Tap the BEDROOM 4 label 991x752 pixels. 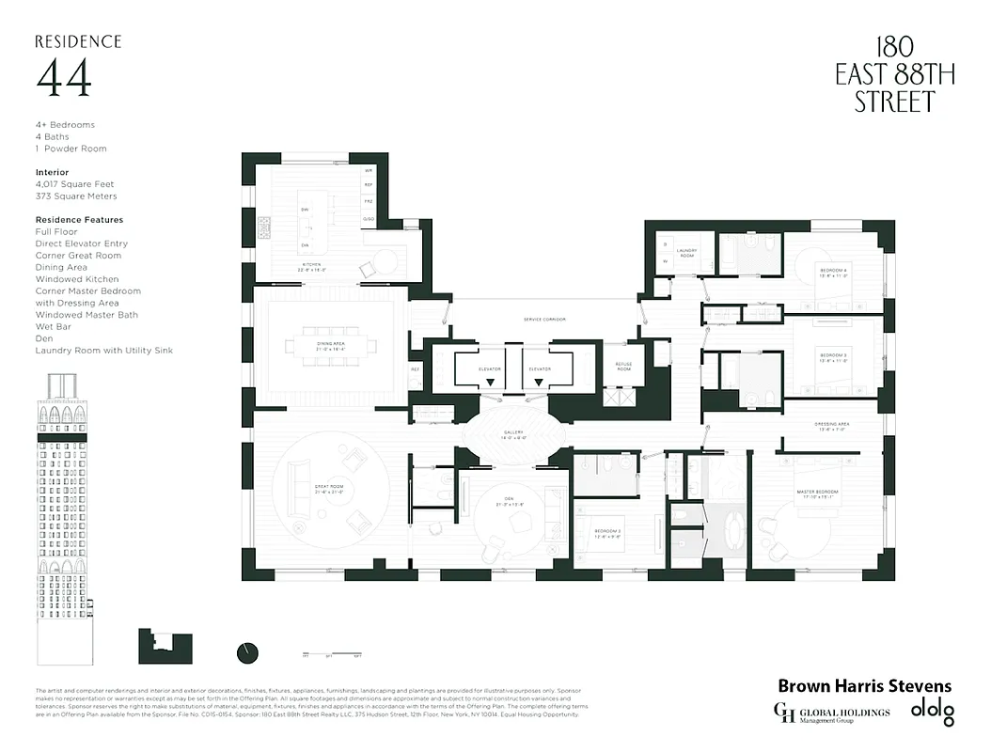(x=832, y=274)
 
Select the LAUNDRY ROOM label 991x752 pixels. (x=685, y=255)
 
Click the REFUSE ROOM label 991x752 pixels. (x=623, y=367)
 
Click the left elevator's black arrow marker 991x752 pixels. (x=489, y=383)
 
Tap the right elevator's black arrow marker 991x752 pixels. (x=539, y=383)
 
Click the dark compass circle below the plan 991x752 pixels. (x=248, y=652)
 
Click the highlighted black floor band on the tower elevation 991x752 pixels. (x=65, y=438)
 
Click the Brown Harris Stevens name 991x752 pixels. (x=864, y=686)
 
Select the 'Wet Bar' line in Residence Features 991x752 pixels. (x=55, y=327)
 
